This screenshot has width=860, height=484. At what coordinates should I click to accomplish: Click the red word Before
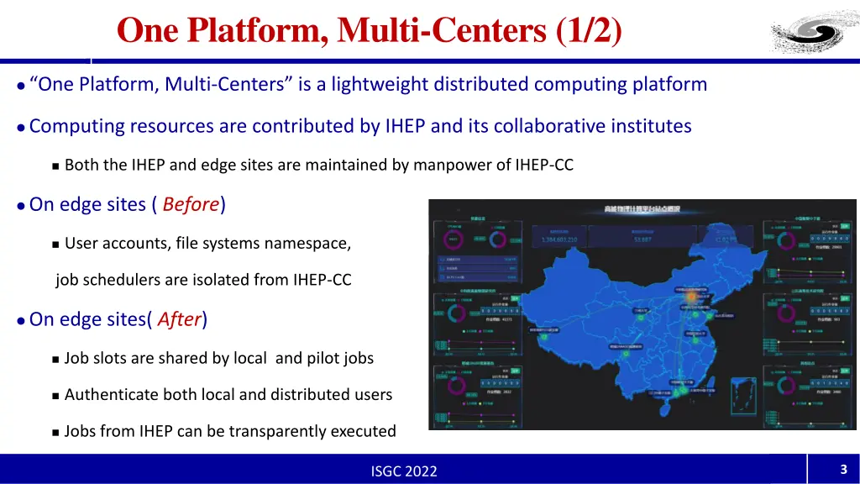click(x=191, y=204)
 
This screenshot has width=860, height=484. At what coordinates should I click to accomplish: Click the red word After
click(x=179, y=319)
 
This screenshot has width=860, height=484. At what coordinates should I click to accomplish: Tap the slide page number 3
click(x=842, y=470)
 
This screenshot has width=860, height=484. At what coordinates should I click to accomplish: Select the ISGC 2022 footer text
click(x=404, y=471)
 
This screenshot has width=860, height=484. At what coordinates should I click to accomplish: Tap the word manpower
click(x=445, y=165)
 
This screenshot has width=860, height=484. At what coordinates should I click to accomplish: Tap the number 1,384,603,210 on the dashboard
click(x=572, y=239)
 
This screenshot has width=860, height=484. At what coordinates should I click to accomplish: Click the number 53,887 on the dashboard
click(x=642, y=239)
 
